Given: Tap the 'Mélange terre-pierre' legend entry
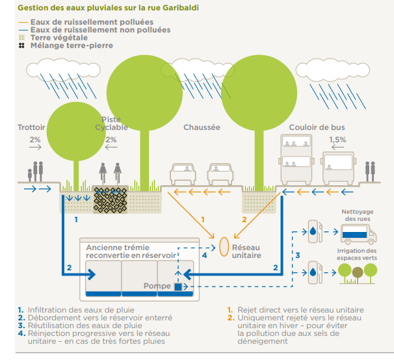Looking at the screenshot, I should [x=68, y=46].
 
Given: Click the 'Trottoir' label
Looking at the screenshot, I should [x=31, y=127].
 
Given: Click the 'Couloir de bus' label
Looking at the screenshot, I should [x=317, y=127].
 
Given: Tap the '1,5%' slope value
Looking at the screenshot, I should [x=337, y=140].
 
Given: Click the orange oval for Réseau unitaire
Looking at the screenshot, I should [x=223, y=246].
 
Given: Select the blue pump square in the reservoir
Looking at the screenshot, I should [x=177, y=286].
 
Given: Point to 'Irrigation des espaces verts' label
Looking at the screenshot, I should [x=357, y=255].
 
